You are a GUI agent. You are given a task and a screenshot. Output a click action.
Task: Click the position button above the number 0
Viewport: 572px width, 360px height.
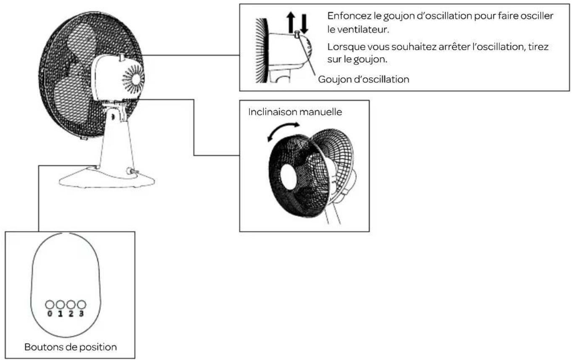click(x=50, y=305)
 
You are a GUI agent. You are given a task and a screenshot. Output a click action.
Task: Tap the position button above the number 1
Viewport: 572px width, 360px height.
click(x=60, y=305)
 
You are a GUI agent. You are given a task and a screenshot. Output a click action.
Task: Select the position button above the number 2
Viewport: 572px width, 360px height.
click(x=71, y=305)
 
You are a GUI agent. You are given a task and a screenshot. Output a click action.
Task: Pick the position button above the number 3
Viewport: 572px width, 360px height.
click(x=81, y=305)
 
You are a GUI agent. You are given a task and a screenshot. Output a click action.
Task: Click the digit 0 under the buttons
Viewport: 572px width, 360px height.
click(x=50, y=314)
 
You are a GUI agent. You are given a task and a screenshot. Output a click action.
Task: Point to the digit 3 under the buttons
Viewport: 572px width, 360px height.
click(x=81, y=314)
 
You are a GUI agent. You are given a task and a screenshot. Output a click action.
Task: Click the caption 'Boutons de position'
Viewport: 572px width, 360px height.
click(x=71, y=347)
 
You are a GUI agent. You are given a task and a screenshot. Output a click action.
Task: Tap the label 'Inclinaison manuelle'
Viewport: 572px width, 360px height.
click(x=295, y=112)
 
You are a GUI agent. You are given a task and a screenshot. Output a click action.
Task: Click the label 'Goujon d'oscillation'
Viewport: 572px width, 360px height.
click(x=364, y=79)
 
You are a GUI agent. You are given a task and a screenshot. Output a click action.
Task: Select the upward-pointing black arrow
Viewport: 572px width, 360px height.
click(x=291, y=23)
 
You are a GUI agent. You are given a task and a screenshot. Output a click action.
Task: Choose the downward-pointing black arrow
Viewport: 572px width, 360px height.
click(x=304, y=24)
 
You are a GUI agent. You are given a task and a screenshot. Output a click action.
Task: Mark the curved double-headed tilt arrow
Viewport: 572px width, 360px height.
click(x=283, y=131)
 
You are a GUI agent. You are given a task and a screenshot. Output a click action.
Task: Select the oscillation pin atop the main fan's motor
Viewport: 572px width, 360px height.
click(x=122, y=57)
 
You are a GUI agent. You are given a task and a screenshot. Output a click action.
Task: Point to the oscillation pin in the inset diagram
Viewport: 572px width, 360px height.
click(x=297, y=34)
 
